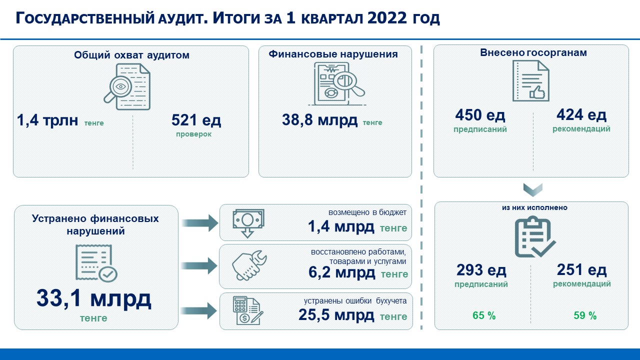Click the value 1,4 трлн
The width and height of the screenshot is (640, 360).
click(47, 120)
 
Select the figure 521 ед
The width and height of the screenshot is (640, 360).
click(196, 120)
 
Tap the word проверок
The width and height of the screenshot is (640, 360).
click(193, 134)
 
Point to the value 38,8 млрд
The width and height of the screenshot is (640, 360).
click(319, 120)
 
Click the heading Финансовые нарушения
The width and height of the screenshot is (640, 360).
click(333, 54)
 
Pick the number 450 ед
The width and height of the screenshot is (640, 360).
click(480, 115)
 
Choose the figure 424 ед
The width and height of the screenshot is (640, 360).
click(581, 115)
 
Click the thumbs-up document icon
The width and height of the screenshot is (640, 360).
click(531, 81)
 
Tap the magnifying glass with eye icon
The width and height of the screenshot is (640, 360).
click(127, 87)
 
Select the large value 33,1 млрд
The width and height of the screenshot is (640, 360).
click(93, 298)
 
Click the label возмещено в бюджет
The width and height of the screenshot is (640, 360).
click(367, 212)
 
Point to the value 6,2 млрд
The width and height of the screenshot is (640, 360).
click(341, 272)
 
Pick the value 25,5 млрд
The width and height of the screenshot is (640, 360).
click(336, 315)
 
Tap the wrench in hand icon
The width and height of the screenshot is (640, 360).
click(249, 265)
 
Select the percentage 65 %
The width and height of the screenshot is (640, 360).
click(484, 315)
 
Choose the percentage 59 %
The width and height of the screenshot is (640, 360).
click(585, 315)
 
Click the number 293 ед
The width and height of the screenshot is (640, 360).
click(481, 270)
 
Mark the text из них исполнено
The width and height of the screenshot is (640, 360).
click(534, 207)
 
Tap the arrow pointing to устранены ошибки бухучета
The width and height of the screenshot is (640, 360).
click(199, 311)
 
